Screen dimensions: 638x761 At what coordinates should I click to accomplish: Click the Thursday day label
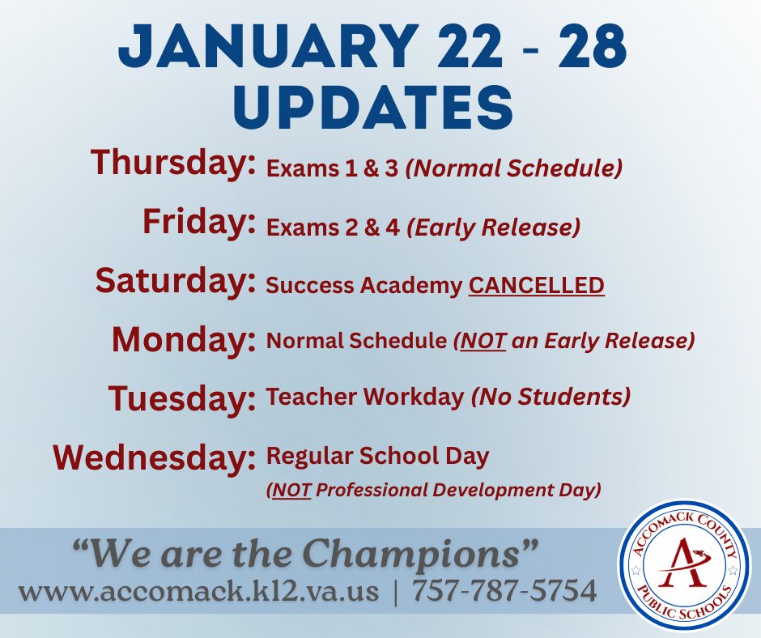pyautogui.click(x=168, y=163)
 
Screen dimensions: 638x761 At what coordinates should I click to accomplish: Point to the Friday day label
pyautogui.click(x=194, y=221)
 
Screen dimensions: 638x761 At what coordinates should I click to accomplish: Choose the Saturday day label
pyautogui.click(x=171, y=280)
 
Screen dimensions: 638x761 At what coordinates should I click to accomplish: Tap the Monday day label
pyautogui.click(x=179, y=338)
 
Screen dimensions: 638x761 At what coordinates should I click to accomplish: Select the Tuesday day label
pyautogui.click(x=177, y=398)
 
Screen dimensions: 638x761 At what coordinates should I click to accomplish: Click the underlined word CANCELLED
pyautogui.click(x=537, y=286)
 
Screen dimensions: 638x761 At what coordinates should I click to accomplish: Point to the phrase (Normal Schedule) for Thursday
pyautogui.click(x=514, y=169)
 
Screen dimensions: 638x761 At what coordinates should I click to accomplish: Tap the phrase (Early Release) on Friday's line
pyautogui.click(x=494, y=228)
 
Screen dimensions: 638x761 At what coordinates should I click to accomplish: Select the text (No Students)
pyautogui.click(x=551, y=397)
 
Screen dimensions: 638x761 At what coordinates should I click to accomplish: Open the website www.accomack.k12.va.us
pyautogui.click(x=198, y=592)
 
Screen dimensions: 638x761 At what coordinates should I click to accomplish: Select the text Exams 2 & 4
pyautogui.click(x=333, y=228)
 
